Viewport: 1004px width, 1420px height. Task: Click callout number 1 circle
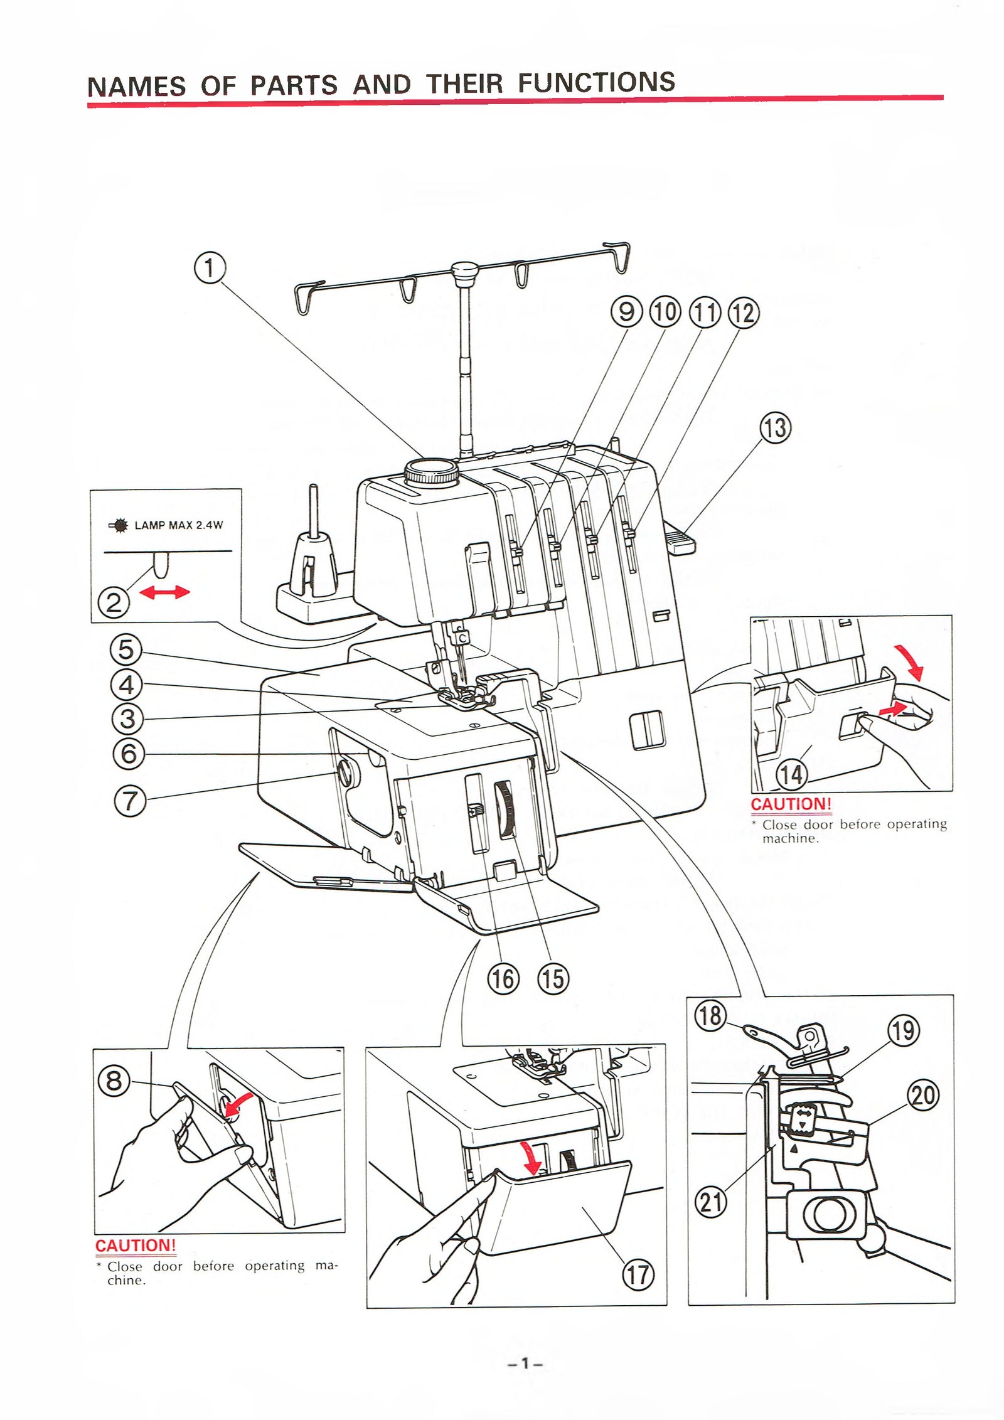210,268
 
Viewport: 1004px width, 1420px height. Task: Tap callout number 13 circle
776,428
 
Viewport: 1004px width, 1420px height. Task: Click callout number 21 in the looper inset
711,1203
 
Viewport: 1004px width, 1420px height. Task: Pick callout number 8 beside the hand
114,1081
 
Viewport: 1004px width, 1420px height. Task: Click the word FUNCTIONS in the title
596,83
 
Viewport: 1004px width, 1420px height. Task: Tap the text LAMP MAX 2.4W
178,525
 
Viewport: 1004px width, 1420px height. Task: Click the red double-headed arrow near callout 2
164,592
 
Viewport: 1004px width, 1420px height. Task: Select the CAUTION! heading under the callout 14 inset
791,804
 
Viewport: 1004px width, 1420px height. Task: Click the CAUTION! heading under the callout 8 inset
136,1246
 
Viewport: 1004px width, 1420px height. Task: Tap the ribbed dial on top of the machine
430,471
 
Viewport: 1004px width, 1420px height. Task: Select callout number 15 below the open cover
553,978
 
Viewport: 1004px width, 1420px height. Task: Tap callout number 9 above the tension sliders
626,312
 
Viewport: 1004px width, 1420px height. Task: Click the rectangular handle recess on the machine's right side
647,730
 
